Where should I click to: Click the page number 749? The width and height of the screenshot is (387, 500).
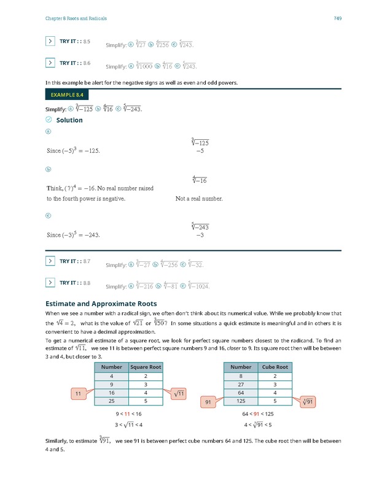pyautogui.click(x=337, y=18)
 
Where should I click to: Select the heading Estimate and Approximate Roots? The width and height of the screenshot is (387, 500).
pyautogui.click(x=101, y=303)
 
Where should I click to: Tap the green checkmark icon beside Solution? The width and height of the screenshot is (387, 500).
pyautogui.click(x=49, y=120)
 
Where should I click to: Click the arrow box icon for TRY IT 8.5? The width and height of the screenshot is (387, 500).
pyautogui.click(x=50, y=42)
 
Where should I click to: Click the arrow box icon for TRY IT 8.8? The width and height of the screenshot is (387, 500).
pyautogui.click(x=50, y=283)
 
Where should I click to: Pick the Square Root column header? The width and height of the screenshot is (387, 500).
pyautogui.click(x=146, y=367)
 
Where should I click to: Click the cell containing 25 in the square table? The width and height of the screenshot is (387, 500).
pyautogui.click(x=111, y=401)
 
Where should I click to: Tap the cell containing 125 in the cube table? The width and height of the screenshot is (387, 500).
pyautogui.click(x=241, y=401)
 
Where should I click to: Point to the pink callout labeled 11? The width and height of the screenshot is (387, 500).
pyautogui.click(x=79, y=393)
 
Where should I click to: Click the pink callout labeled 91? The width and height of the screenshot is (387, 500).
pyautogui.click(x=208, y=402)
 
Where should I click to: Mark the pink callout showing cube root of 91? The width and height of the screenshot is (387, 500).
pyautogui.click(x=308, y=402)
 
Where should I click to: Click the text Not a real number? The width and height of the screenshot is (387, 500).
pyautogui.click(x=199, y=199)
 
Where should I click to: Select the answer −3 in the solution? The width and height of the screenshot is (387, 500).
pyautogui.click(x=200, y=235)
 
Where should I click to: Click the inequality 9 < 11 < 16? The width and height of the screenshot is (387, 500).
pyautogui.click(x=128, y=413)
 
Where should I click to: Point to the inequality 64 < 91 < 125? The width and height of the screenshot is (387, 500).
pyautogui.click(x=258, y=413)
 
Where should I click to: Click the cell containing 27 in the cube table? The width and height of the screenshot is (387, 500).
pyautogui.click(x=241, y=383)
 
